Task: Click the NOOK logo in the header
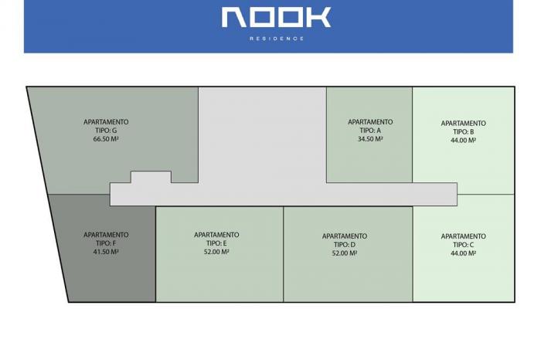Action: tap(276, 17)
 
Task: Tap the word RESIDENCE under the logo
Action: tap(277, 39)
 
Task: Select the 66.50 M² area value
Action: tap(106, 139)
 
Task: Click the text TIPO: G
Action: tap(106, 131)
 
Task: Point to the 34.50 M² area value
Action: tap(370, 139)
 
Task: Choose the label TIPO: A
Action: tap(370, 131)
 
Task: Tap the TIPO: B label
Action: tap(464, 132)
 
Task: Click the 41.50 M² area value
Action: tap(106, 252)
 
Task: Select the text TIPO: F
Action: tap(106, 243)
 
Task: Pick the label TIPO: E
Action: tap(216, 243)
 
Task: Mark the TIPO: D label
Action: tap(345, 244)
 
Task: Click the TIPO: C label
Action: tap(464, 244)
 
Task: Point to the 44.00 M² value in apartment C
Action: tap(464, 253)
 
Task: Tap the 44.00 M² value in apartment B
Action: tap(464, 141)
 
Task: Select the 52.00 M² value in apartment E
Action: tap(216, 252)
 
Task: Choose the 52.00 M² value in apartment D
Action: tap(345, 253)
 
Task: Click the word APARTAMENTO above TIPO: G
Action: tap(106, 122)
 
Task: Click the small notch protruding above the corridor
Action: tap(151, 177)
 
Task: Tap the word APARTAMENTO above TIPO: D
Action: tap(345, 236)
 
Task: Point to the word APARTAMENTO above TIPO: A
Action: tap(370, 122)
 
